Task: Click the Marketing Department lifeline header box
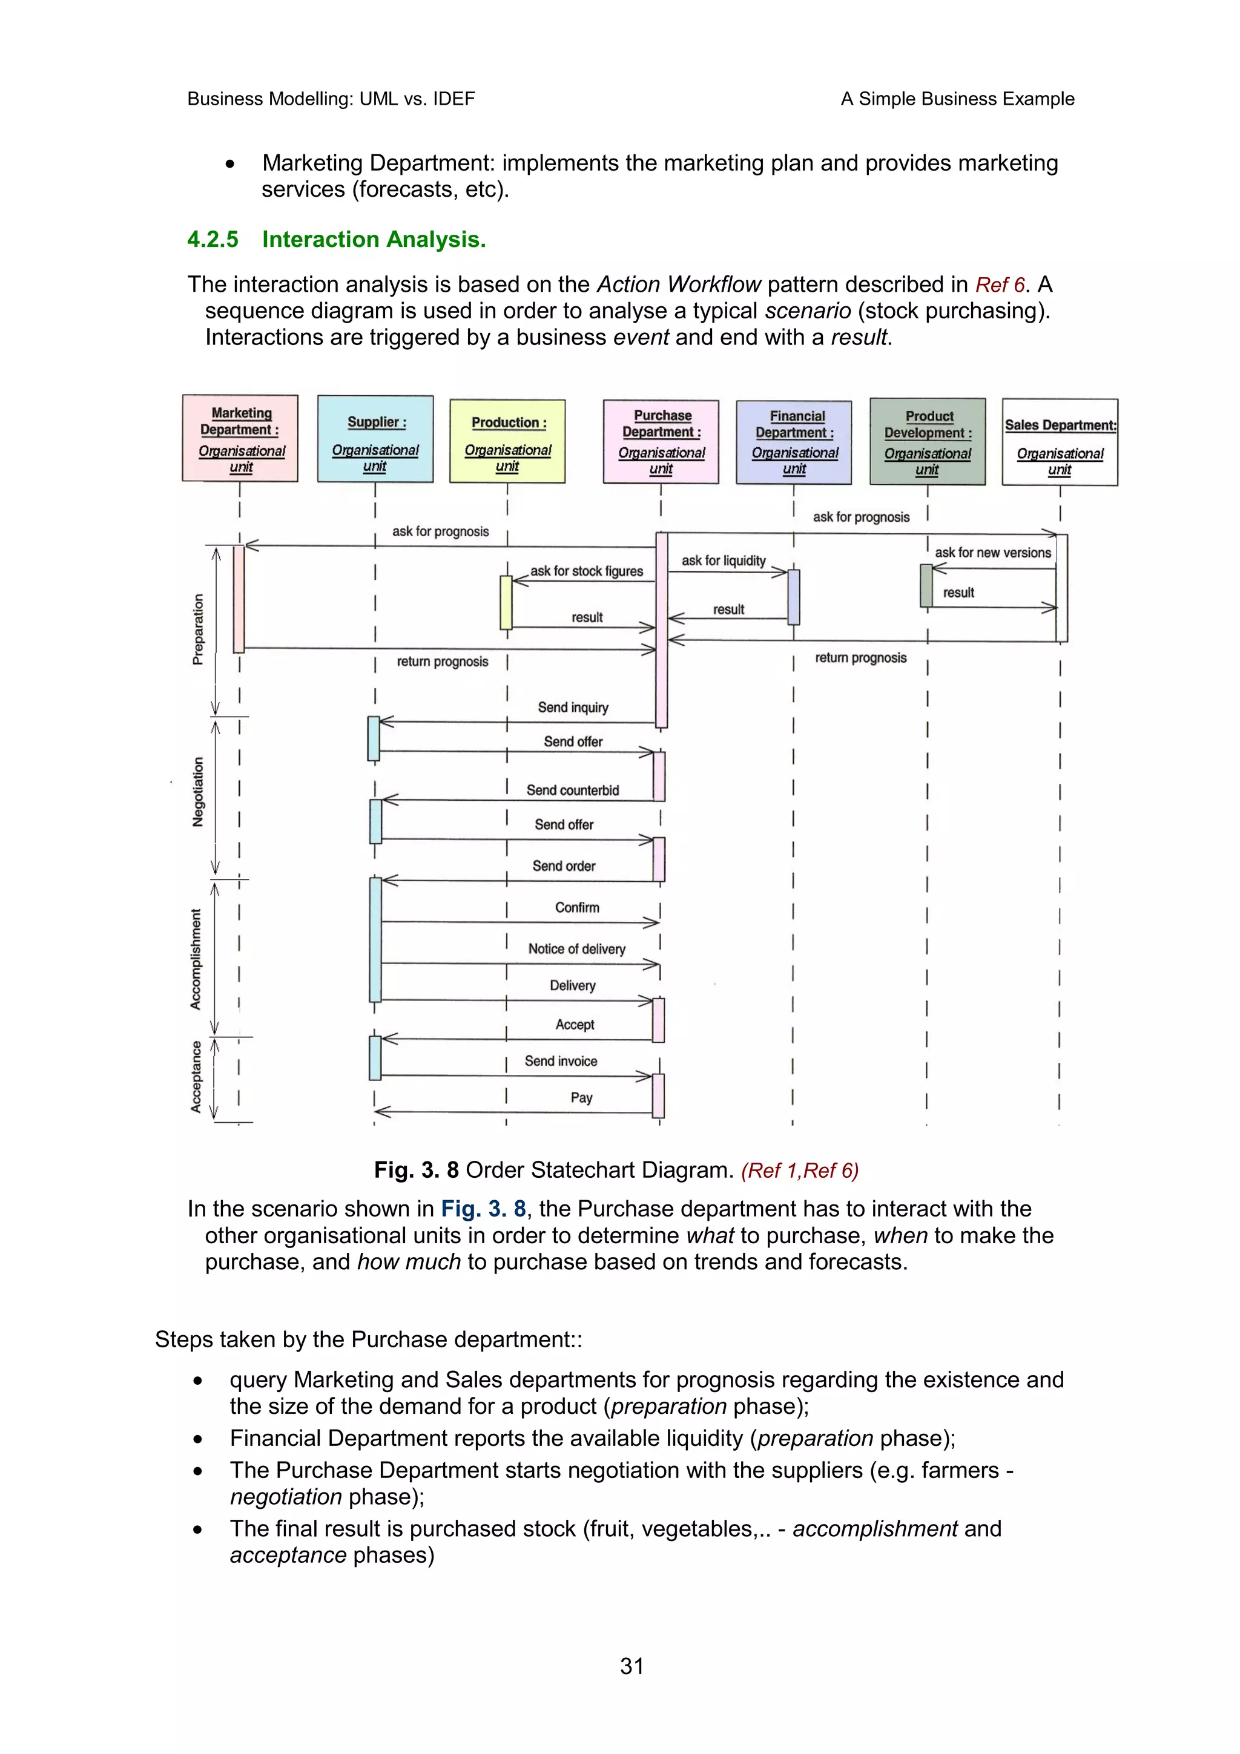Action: [240, 438]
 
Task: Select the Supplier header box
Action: [375, 438]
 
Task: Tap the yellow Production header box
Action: [507, 441]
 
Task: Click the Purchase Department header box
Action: [661, 442]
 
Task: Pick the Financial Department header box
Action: [794, 442]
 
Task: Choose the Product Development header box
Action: [928, 442]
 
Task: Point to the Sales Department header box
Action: [1060, 442]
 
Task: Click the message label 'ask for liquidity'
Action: [723, 560]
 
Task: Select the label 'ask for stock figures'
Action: [586, 571]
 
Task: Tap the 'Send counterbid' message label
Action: [572, 790]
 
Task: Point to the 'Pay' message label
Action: [581, 1098]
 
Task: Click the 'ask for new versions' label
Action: [992, 553]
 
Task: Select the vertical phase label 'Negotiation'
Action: [199, 792]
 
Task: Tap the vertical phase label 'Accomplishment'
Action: [196, 959]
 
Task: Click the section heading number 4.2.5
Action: [213, 240]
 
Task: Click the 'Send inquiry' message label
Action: [573, 708]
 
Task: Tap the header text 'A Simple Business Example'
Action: [957, 99]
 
